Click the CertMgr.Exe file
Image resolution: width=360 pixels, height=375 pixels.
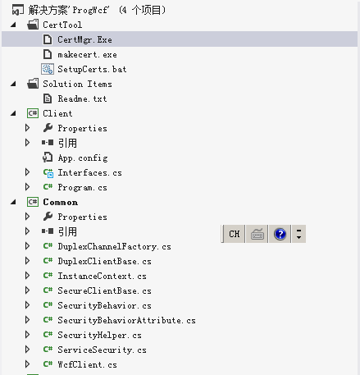84,39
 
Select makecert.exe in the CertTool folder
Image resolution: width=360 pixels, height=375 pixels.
87,54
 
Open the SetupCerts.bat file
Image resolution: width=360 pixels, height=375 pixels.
92,69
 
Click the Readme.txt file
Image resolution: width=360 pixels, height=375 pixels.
82,98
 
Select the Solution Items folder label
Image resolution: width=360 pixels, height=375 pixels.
77,84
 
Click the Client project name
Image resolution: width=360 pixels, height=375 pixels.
57,113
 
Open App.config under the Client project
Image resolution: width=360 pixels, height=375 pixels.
83,158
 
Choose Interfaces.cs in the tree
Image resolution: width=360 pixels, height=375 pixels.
89,172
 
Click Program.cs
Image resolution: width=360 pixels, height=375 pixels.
82,187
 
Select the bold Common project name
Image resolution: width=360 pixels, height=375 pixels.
61,202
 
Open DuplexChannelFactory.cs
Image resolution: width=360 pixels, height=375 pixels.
114,246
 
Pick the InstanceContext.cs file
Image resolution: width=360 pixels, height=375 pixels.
102,276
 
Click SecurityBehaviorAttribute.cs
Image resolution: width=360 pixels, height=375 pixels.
126,320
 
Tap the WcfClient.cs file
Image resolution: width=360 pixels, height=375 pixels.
87,364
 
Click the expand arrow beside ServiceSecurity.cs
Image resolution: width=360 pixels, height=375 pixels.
27,350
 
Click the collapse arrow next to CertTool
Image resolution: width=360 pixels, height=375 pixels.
13,25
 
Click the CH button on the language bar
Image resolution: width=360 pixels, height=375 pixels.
235,234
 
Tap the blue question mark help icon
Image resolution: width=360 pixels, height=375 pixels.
280,234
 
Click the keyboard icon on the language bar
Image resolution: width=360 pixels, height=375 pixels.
257,234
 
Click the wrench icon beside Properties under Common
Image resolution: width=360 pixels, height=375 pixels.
48,217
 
